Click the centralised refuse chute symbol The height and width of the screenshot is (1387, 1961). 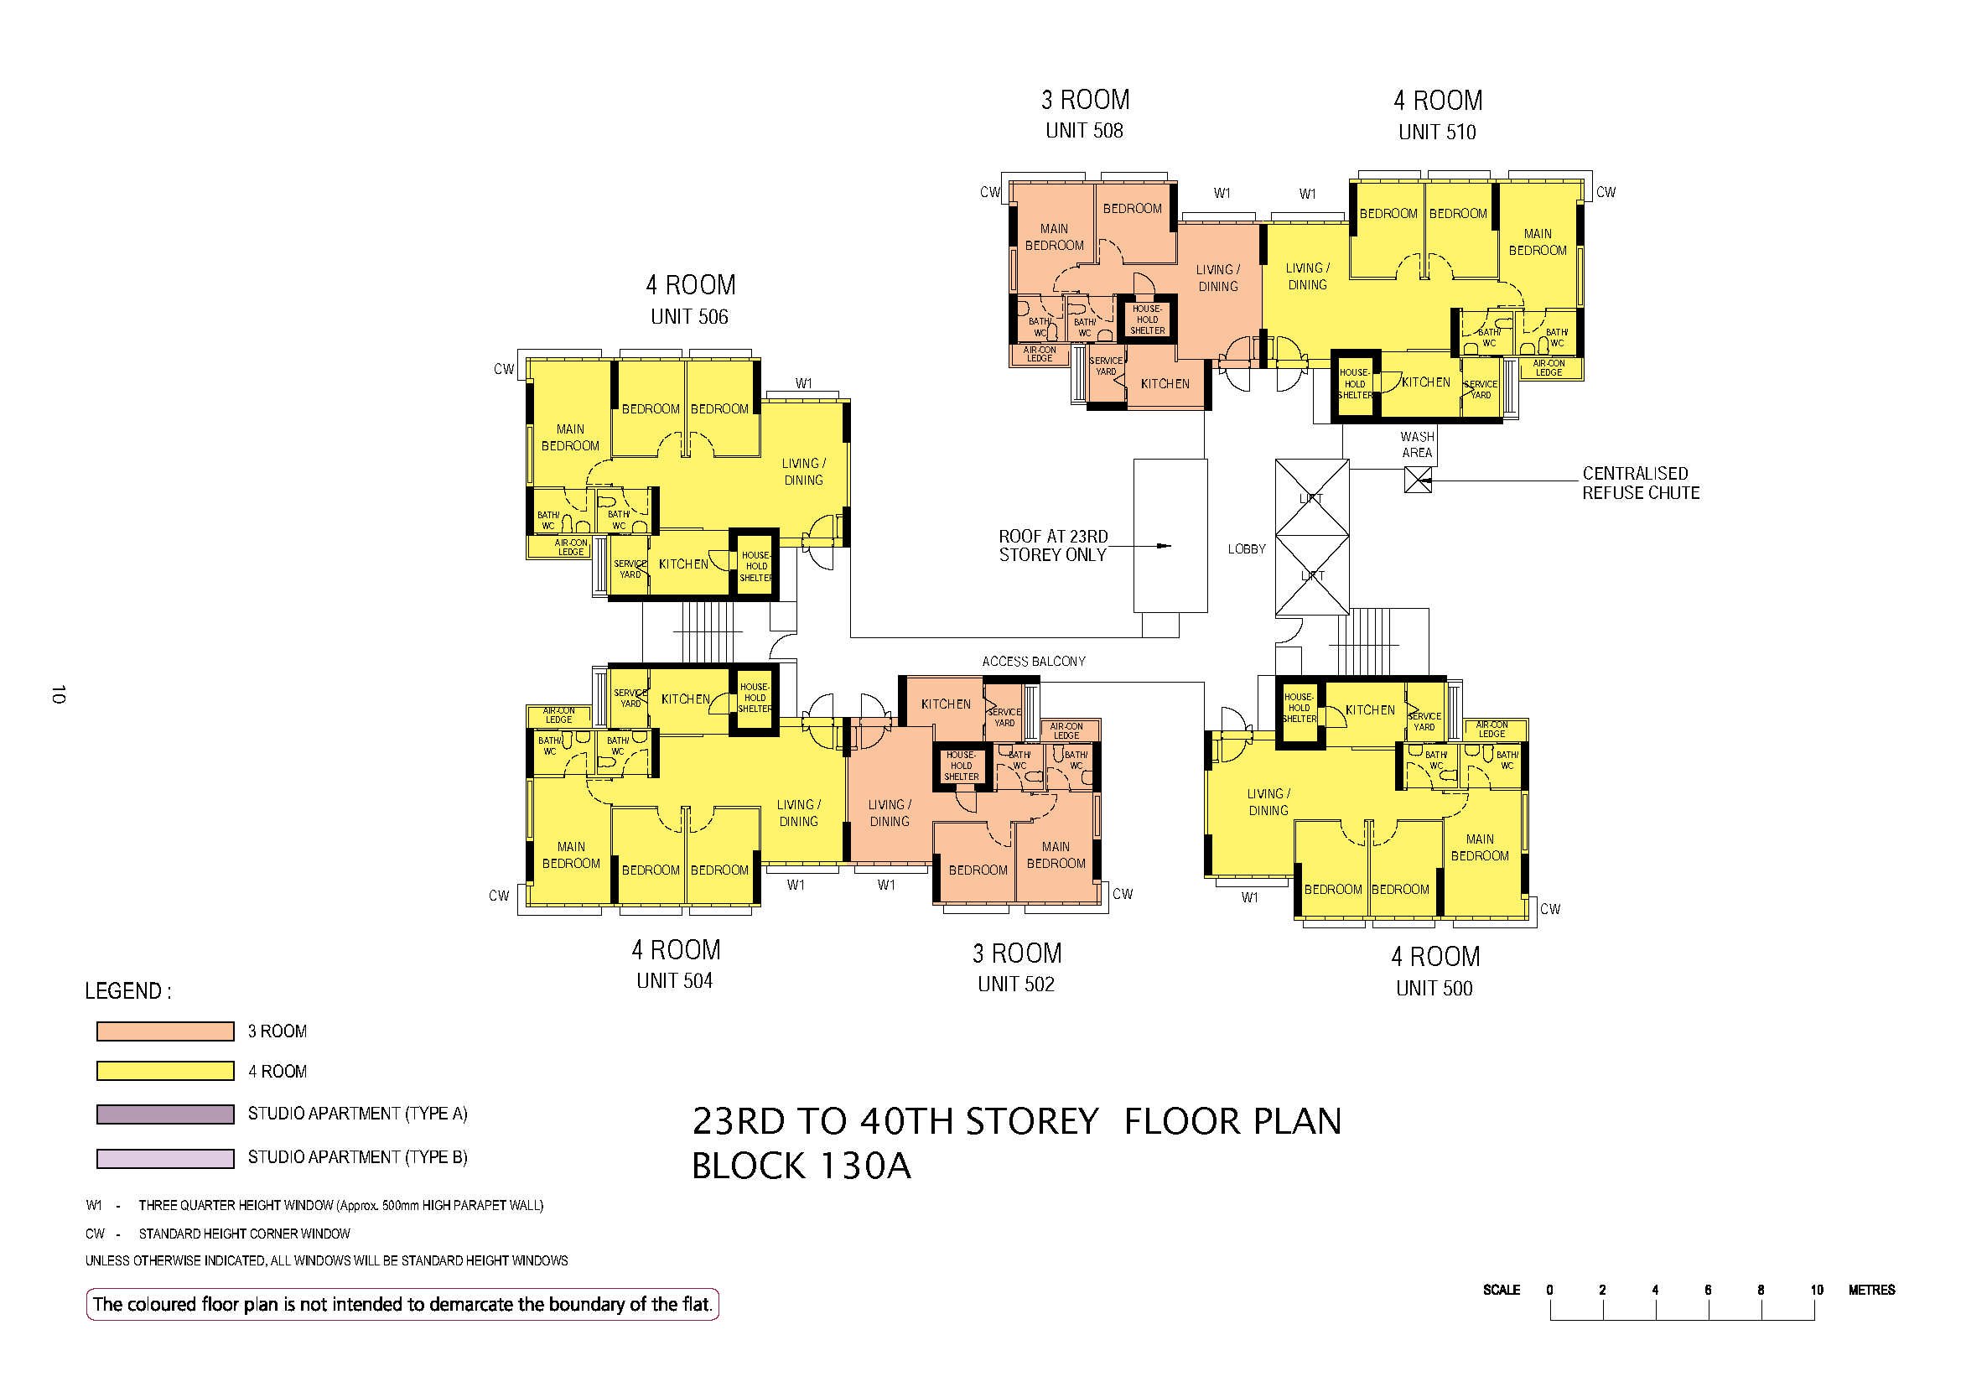1417,481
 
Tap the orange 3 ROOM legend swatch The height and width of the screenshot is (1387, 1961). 165,1031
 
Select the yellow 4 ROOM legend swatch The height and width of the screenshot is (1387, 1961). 165,1071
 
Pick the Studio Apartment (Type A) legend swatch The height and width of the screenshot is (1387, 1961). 165,1114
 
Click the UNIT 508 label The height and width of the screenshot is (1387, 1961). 1085,131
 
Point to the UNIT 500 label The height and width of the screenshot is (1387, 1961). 1434,988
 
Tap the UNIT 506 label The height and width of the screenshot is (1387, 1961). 689,317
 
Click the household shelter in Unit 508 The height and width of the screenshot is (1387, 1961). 1147,319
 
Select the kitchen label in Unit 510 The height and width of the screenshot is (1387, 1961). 1426,382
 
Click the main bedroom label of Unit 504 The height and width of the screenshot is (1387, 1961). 571,855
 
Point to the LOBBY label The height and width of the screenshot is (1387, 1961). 1246,549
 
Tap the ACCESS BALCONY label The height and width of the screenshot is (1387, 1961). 1034,661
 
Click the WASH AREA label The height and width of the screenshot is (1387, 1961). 1417,444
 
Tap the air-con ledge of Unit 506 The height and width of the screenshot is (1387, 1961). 571,548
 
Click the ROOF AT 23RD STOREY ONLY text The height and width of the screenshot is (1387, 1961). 1053,546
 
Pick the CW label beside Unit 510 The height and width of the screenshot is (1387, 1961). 1606,192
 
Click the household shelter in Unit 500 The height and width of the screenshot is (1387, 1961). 1298,708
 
